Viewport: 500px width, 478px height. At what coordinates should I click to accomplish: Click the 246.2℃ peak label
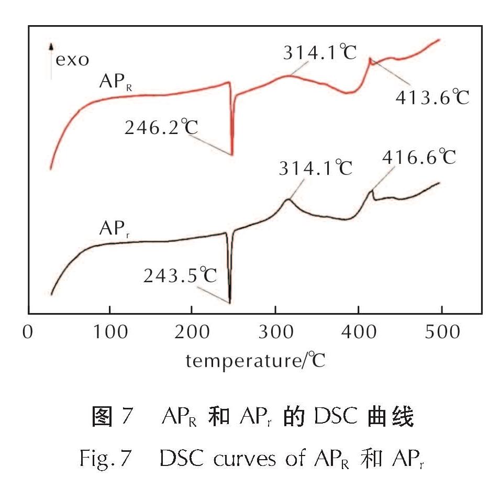(161, 127)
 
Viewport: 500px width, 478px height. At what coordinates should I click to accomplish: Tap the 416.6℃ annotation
(419, 157)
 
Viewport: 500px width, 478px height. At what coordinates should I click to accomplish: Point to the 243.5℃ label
(180, 275)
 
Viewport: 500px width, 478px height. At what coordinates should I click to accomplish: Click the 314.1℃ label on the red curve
(320, 52)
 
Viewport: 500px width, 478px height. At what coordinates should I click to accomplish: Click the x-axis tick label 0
(28, 333)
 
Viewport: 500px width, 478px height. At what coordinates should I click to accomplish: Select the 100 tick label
(110, 333)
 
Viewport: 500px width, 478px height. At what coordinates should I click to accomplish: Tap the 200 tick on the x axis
(192, 333)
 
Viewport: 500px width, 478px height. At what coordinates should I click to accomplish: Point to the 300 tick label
(275, 333)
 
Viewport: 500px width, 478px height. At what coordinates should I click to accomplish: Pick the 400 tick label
(358, 333)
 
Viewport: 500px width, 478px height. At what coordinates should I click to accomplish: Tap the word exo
(73, 59)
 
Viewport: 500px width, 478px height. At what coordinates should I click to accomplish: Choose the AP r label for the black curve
(115, 231)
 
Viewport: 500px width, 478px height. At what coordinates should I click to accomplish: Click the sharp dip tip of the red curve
(232, 154)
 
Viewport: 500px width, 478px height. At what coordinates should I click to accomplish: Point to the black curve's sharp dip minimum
(230, 302)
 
